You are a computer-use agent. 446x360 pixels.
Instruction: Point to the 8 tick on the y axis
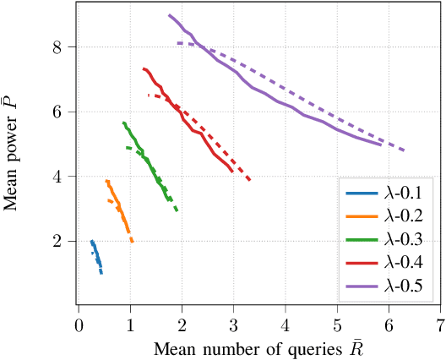(x=57, y=46)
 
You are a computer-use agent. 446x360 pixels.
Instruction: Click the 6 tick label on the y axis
(x=57, y=112)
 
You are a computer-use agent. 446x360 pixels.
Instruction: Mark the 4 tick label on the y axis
(x=57, y=177)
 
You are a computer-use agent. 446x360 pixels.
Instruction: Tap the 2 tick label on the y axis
(x=57, y=242)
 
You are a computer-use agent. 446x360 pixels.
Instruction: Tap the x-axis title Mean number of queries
(x=258, y=347)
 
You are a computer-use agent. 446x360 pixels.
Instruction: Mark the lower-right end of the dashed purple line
(x=405, y=150)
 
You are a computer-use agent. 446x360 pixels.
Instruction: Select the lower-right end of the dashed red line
(x=249, y=179)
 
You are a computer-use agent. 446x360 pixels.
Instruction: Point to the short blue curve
(x=96, y=255)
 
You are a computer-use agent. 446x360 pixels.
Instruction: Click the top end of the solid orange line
(x=106, y=181)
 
